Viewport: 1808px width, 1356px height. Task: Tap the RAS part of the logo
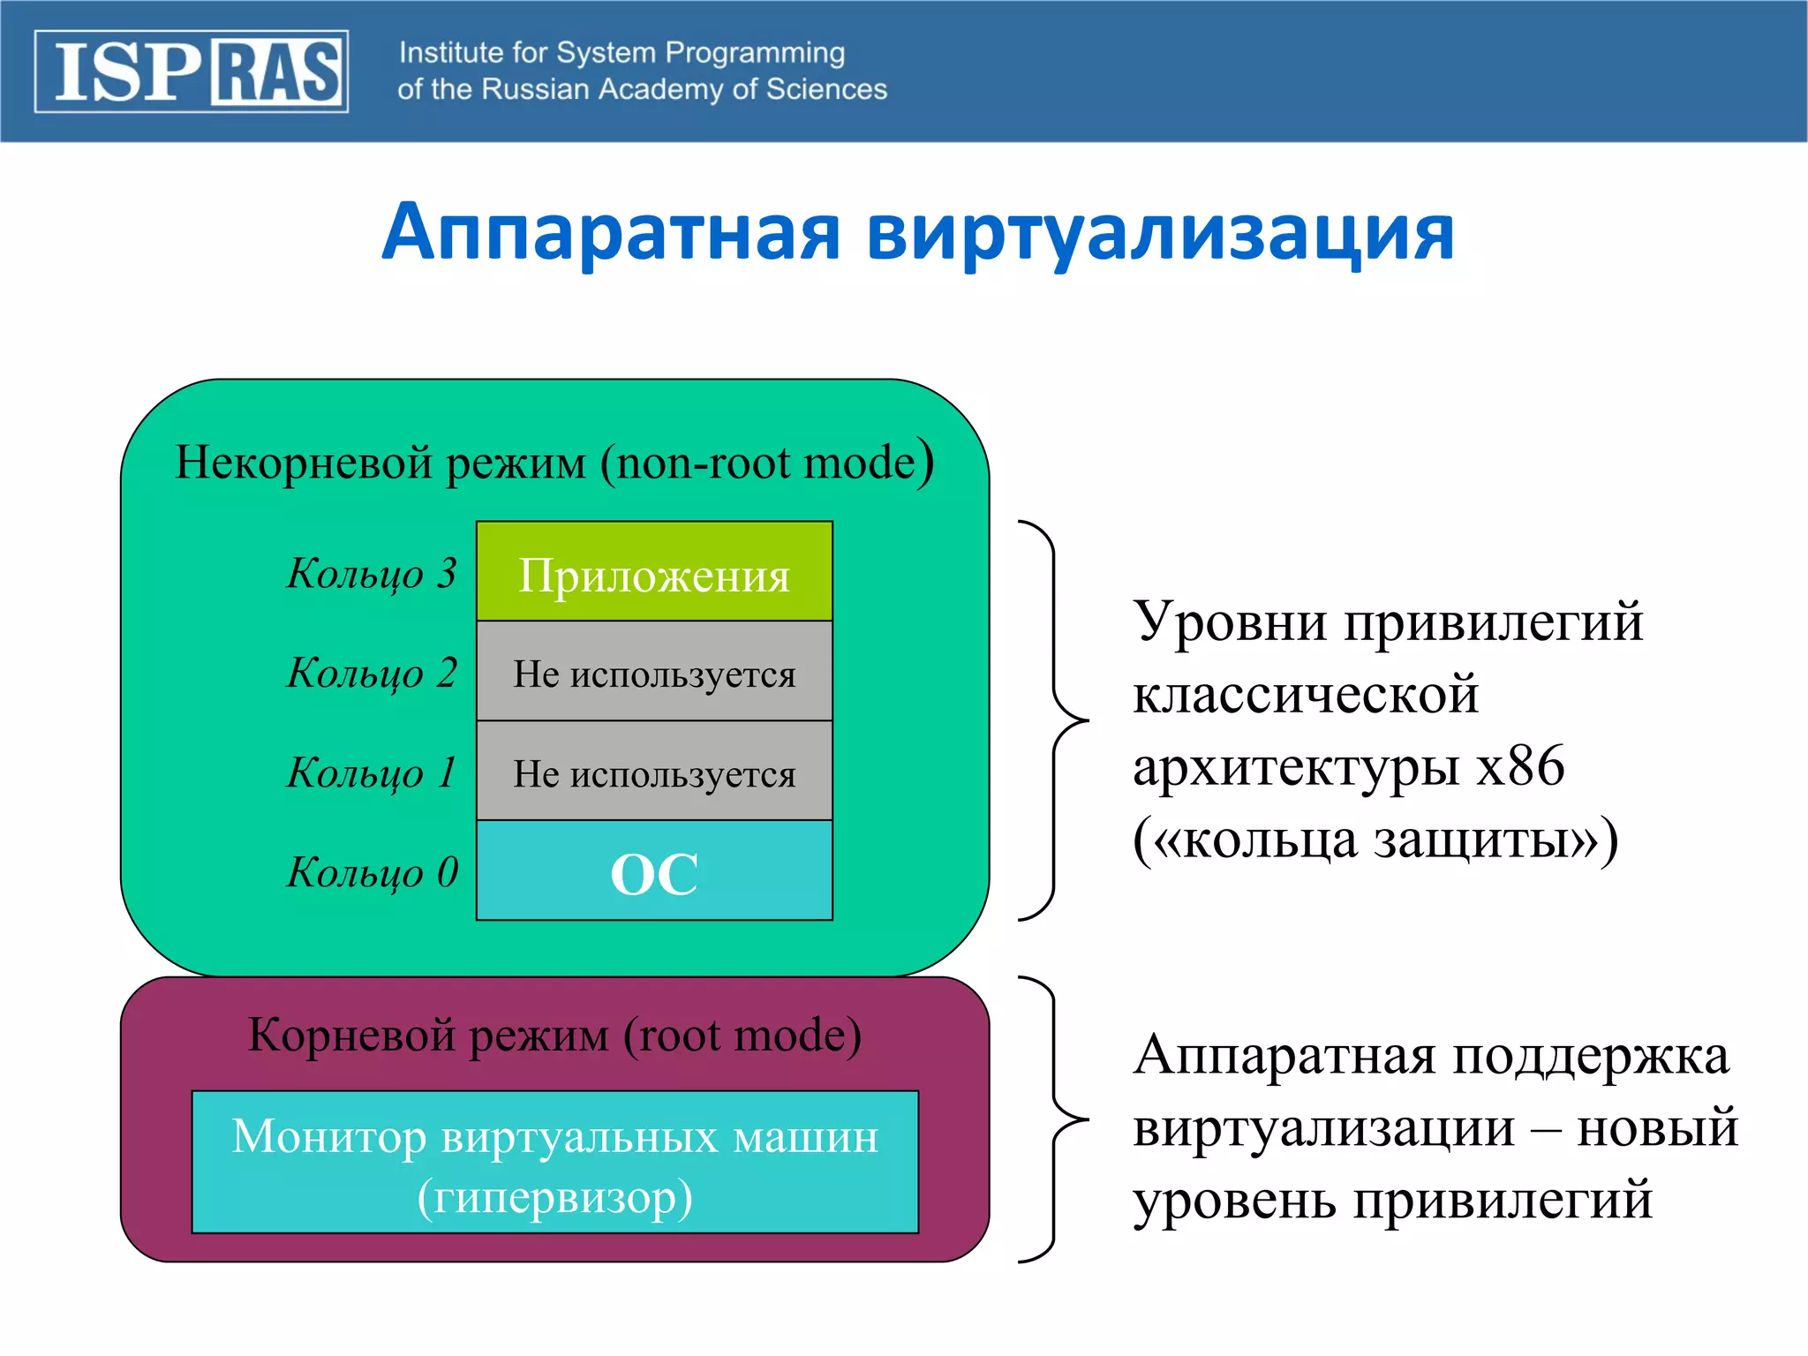(276, 72)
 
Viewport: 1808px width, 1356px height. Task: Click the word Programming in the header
(755, 53)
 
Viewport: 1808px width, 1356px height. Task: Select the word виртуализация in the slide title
(1160, 232)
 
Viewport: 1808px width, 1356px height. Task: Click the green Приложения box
(654, 572)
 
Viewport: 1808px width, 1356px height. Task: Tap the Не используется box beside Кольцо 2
(654, 672)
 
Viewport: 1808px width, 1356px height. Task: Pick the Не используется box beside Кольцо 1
(654, 772)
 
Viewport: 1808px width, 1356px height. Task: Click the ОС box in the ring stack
(654, 871)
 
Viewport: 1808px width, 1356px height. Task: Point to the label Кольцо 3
(372, 573)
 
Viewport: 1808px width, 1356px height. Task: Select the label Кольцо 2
(372, 673)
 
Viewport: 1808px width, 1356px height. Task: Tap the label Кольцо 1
(372, 772)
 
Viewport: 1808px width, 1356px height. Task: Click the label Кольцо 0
(372, 872)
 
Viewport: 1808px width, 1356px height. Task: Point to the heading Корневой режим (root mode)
(554, 1035)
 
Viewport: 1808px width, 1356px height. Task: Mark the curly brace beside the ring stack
(1054, 720)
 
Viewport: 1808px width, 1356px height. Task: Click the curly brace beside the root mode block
(1054, 1119)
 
